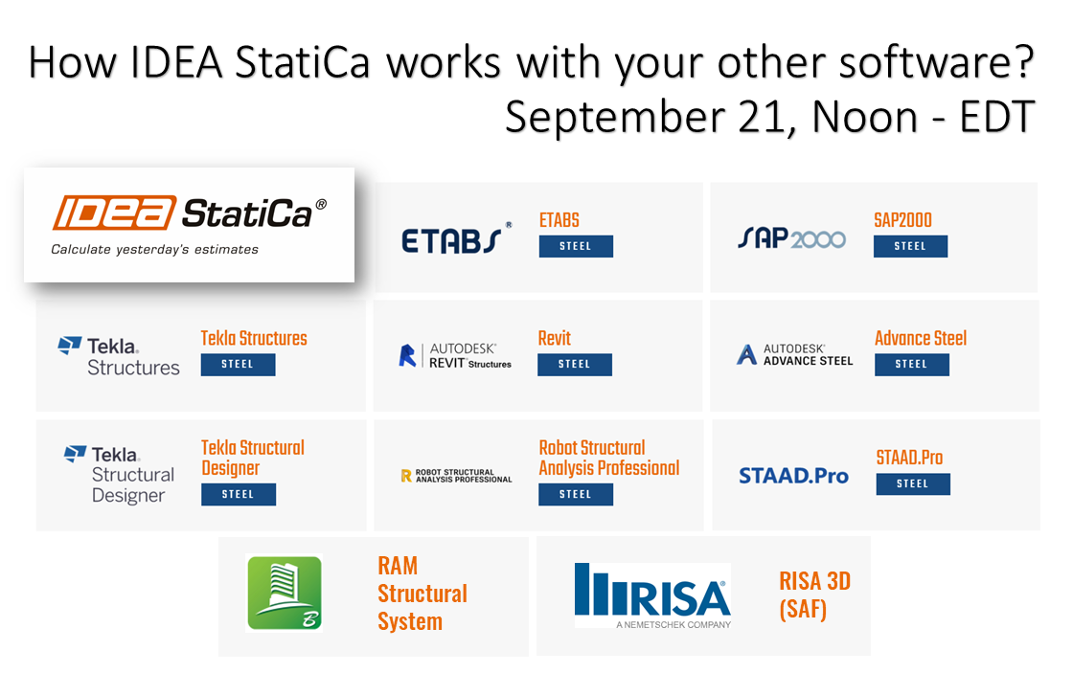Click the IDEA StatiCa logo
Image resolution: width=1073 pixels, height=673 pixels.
click(189, 213)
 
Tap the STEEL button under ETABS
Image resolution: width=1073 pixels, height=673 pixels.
click(575, 246)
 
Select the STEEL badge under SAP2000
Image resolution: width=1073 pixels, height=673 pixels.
click(910, 246)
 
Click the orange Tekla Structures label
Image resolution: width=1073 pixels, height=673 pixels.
click(254, 338)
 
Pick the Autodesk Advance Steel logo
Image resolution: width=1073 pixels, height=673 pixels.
click(795, 355)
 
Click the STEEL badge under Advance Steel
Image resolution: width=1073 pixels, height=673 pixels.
click(911, 364)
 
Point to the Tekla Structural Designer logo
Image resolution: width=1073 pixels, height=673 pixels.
click(120, 474)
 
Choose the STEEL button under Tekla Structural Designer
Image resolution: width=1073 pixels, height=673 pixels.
click(239, 494)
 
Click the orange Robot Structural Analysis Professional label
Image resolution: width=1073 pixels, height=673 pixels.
click(609, 458)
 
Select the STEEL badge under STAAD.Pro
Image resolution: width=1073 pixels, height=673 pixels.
click(913, 483)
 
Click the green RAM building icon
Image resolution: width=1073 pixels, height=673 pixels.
click(285, 593)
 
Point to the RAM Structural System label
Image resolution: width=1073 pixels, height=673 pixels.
click(422, 594)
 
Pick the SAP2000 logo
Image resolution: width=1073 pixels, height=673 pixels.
click(791, 237)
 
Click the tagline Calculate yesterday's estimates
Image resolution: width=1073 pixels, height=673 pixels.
click(154, 250)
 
